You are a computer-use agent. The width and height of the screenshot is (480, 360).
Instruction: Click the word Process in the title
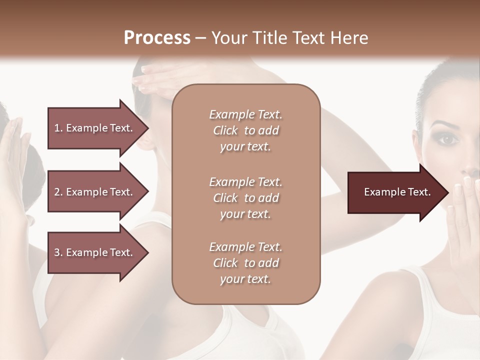[157, 38]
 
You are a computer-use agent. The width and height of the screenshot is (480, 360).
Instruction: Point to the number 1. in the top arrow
[58, 128]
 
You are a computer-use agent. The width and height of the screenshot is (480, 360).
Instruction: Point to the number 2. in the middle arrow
[58, 192]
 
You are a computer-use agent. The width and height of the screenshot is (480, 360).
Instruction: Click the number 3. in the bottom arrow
[58, 252]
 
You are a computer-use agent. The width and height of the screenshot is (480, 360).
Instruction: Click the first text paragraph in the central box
[245, 130]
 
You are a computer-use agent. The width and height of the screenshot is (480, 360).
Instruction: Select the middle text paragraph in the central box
[245, 198]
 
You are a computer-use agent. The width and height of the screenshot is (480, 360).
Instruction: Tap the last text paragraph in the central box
[245, 263]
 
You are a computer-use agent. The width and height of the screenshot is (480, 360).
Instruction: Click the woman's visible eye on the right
[448, 140]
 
